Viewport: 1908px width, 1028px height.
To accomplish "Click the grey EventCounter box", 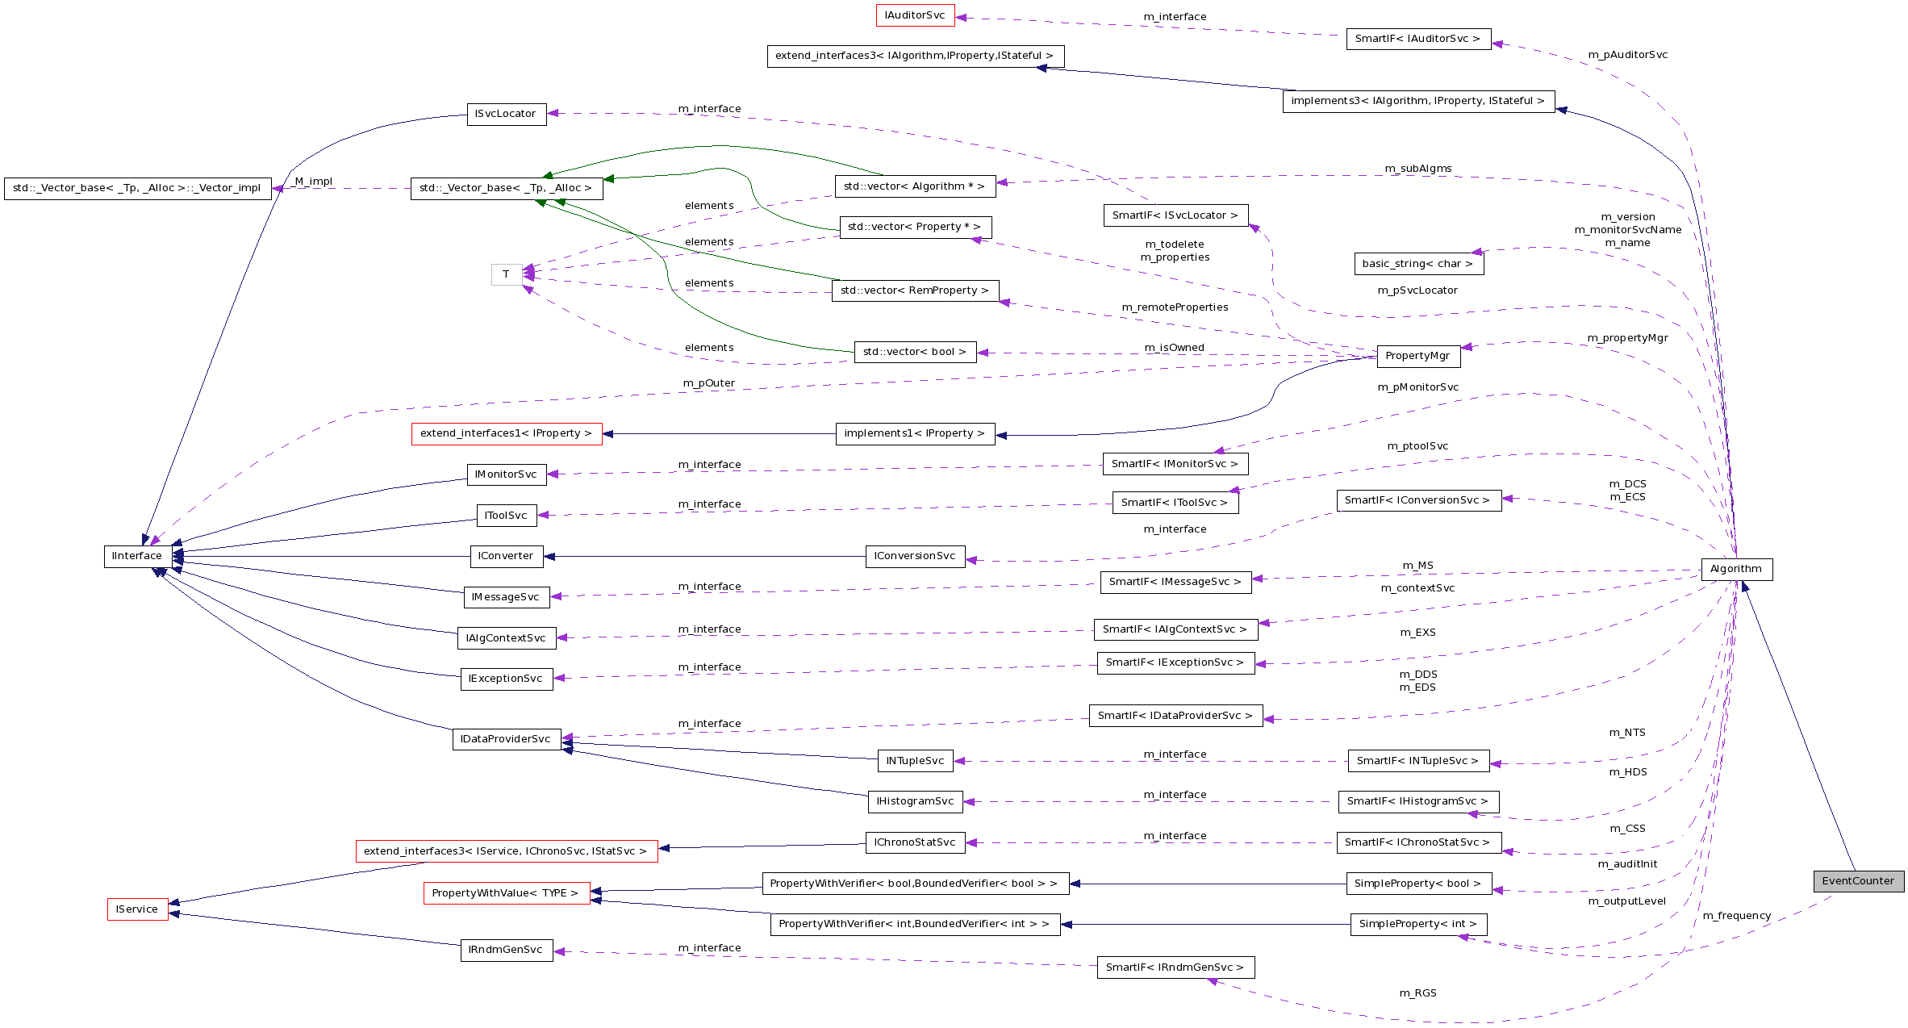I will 1858,881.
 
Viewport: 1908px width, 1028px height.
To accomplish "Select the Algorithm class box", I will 1736,569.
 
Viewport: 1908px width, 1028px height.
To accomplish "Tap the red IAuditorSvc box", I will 915,15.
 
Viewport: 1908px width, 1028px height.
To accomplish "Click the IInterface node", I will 137,556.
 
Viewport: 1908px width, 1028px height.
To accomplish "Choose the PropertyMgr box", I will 1417,356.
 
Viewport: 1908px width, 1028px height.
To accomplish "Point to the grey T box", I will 506,274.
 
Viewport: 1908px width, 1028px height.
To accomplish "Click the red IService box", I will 137,909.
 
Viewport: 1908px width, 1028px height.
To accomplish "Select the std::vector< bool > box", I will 915,352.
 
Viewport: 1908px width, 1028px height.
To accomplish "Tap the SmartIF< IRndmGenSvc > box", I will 1175,967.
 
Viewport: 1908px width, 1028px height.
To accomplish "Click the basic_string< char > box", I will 1417,264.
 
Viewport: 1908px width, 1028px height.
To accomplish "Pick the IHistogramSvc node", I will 915,801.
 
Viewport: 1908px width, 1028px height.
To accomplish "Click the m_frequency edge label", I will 1737,916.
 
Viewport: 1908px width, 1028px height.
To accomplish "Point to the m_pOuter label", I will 709,383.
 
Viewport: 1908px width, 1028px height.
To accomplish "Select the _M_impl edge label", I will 313,182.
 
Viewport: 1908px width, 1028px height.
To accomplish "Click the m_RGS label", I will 1417,993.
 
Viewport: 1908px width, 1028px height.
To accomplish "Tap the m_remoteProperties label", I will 1175,307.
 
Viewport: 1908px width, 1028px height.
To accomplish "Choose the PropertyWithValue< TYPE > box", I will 506,893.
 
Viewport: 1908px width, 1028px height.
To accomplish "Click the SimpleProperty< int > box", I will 1417,924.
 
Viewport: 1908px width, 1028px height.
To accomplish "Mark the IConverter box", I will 506,556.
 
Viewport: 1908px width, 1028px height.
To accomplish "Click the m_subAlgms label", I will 1417,169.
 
